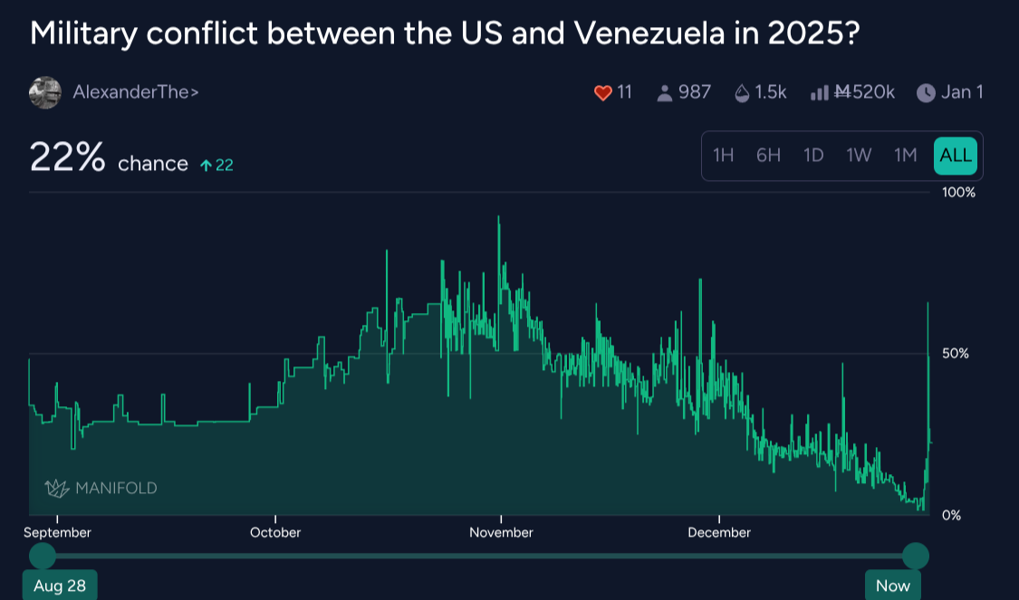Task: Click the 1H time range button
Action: [723, 156]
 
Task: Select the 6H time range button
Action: [768, 156]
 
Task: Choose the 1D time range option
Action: [813, 156]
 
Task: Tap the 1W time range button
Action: [859, 156]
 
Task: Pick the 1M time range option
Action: [906, 156]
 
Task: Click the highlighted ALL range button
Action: [956, 156]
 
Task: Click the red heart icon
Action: [603, 92]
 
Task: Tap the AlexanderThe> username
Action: [136, 92]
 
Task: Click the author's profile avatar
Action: [44, 92]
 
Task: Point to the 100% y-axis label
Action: [958, 193]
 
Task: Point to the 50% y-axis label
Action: [956, 353]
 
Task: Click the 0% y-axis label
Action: [952, 515]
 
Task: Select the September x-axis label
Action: [57, 532]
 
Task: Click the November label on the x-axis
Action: [501, 532]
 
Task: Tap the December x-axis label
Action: [719, 532]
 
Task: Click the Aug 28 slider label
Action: [60, 586]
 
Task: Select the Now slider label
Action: [892, 586]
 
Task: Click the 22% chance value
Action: [68, 157]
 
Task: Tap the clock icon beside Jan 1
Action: [926, 92]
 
